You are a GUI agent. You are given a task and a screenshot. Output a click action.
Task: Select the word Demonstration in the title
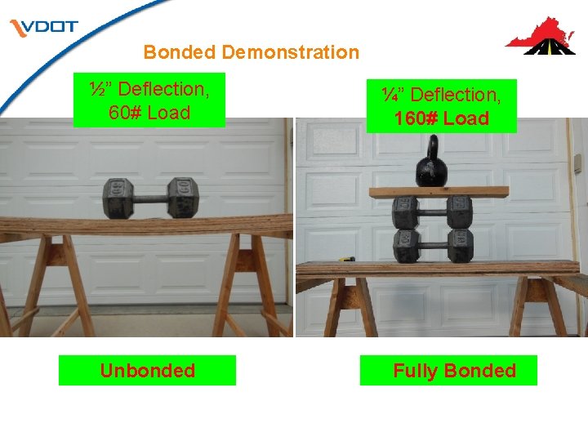(x=290, y=52)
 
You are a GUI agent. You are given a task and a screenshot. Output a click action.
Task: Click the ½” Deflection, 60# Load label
(x=149, y=100)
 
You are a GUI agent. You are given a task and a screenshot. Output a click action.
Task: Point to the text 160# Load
(x=442, y=118)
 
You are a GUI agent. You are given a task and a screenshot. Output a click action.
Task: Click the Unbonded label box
(x=147, y=371)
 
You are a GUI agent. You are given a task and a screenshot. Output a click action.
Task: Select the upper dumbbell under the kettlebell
(x=433, y=212)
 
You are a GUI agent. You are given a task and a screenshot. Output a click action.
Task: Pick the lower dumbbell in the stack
(x=433, y=244)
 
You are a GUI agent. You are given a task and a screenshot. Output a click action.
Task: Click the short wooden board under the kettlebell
(x=438, y=191)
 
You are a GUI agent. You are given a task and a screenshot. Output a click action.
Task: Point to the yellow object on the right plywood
(x=347, y=260)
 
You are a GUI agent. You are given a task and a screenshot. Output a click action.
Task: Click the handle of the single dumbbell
(x=152, y=198)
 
